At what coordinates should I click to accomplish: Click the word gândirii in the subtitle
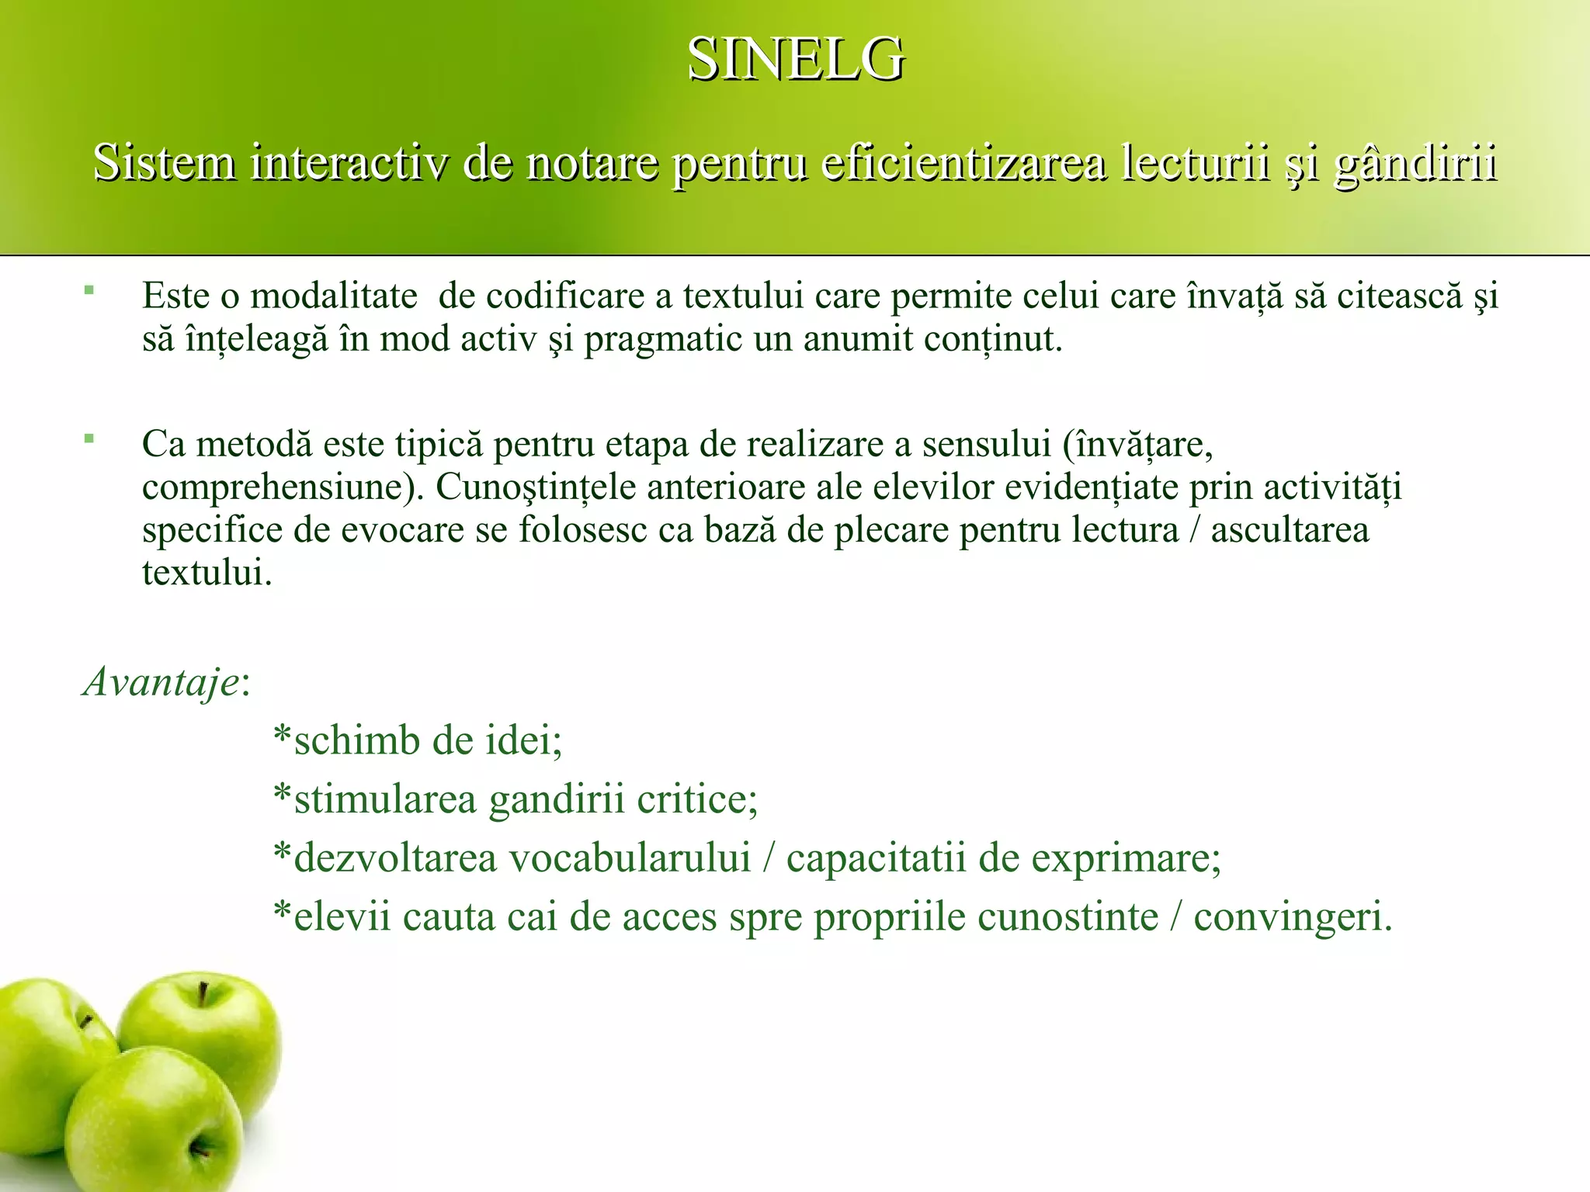[x=1415, y=165]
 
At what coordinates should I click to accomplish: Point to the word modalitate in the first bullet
[x=334, y=296]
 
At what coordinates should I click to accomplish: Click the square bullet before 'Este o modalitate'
[x=89, y=291]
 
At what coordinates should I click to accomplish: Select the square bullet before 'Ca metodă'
[x=89, y=439]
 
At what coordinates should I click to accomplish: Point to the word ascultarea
[x=1290, y=531]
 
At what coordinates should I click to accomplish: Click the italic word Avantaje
[x=161, y=683]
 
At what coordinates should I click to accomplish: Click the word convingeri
[x=1292, y=917]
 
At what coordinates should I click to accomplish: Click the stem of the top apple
[x=203, y=994]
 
